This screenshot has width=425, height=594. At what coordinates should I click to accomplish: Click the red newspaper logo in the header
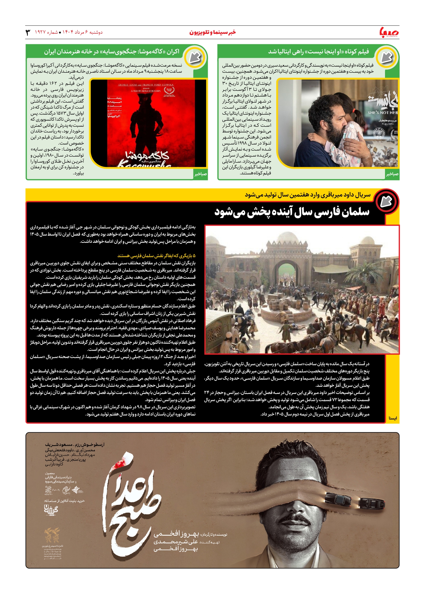[x=389, y=32]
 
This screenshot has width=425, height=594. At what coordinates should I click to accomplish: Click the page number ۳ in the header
[x=28, y=32]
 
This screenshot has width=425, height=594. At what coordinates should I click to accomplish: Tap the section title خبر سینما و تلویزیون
[x=212, y=32]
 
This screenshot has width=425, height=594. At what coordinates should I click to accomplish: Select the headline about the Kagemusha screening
[x=111, y=52]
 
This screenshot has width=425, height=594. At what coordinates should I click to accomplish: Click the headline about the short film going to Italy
[x=318, y=52]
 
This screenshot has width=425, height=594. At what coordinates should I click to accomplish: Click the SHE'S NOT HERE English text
[x=382, y=113]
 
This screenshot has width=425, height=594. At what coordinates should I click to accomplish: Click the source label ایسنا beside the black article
[x=392, y=418]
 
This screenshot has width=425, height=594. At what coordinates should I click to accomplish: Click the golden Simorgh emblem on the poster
[x=52, y=535]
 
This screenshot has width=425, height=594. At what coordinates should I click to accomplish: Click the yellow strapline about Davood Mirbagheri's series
[x=308, y=195]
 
